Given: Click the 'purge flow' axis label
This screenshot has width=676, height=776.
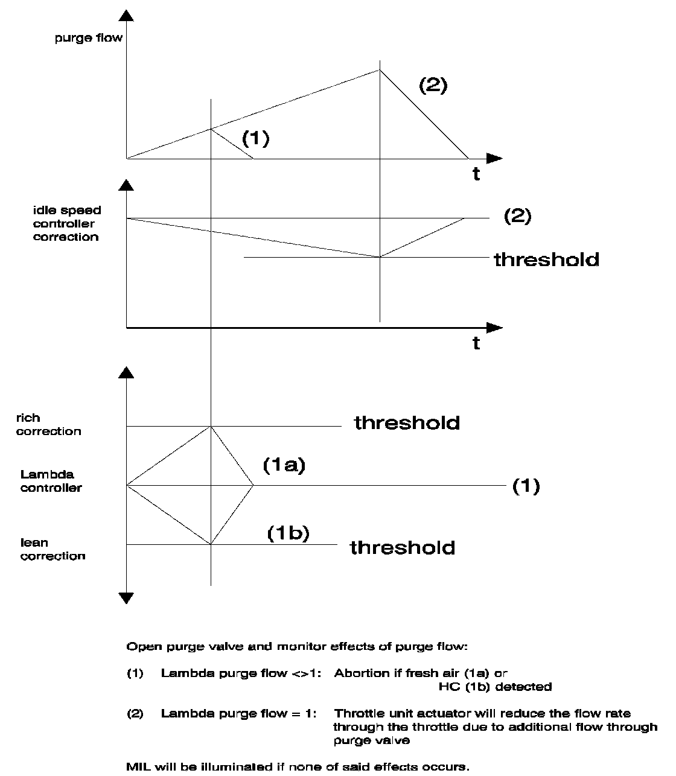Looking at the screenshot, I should pyautogui.click(x=88, y=38).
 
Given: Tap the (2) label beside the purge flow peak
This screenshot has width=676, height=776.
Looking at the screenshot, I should pyautogui.click(x=433, y=85).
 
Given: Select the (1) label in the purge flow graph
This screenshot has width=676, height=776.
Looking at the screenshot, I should pyautogui.click(x=255, y=138).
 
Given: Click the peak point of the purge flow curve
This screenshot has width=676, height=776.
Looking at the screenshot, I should pyautogui.click(x=380, y=70).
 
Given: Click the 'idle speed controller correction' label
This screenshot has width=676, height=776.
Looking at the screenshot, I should pyautogui.click(x=66, y=223).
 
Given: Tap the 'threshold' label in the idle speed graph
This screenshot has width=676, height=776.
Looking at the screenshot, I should pyautogui.click(x=546, y=259).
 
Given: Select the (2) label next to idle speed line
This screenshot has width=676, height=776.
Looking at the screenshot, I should pyautogui.click(x=517, y=216).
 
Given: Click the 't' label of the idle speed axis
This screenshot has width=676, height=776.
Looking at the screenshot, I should pyautogui.click(x=476, y=343).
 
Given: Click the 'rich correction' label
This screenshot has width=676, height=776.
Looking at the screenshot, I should pyautogui.click(x=48, y=424).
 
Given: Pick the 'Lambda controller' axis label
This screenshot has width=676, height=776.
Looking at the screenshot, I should pyautogui.click(x=51, y=481).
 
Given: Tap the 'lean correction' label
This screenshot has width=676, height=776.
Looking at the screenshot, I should pyautogui.click(x=53, y=549).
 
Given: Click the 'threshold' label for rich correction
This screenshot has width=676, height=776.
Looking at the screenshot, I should pyautogui.click(x=407, y=422).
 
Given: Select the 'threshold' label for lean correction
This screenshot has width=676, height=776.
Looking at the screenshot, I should pyautogui.click(x=403, y=547).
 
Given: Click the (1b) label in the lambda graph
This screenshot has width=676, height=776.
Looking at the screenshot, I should pyautogui.click(x=288, y=533).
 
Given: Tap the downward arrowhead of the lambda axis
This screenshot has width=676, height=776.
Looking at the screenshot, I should pyautogui.click(x=126, y=598).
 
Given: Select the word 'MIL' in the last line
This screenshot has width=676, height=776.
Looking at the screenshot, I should pyautogui.click(x=137, y=767).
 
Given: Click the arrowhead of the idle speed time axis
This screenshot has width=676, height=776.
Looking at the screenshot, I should pyautogui.click(x=494, y=328).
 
